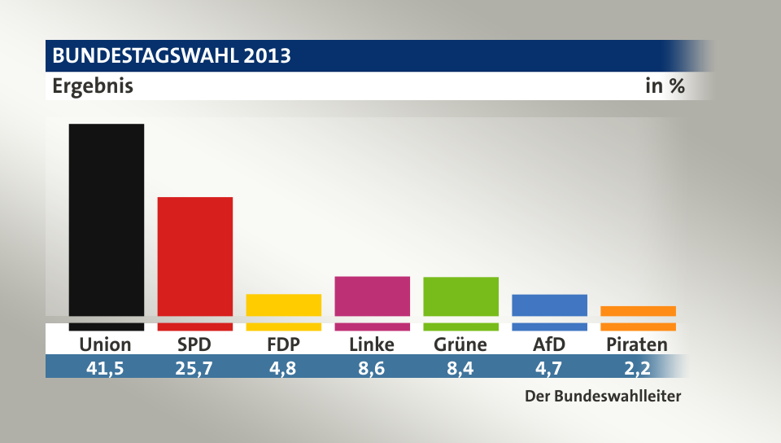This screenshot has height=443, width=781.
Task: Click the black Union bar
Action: click(107, 220)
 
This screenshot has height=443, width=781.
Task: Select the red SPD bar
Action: click(195, 257)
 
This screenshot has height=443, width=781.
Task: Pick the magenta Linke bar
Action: click(372, 296)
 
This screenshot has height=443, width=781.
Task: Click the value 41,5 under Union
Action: click(106, 367)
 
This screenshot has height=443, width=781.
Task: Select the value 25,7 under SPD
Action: click(195, 367)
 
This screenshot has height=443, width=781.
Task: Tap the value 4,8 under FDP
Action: click(283, 367)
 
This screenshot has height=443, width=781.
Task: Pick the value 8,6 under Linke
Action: click(372, 367)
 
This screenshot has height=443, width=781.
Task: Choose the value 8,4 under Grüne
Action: click(460, 367)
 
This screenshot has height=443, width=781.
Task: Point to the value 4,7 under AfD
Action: click(549, 367)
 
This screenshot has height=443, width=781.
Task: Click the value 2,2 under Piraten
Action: click(637, 367)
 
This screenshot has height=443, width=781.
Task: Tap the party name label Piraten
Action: click(637, 344)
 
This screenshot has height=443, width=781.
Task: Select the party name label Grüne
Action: click(460, 344)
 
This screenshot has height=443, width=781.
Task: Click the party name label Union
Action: click(106, 344)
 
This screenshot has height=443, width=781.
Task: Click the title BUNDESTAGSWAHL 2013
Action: click(172, 56)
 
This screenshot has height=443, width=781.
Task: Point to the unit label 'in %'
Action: click(665, 86)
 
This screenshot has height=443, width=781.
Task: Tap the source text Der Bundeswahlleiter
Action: click(601, 397)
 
